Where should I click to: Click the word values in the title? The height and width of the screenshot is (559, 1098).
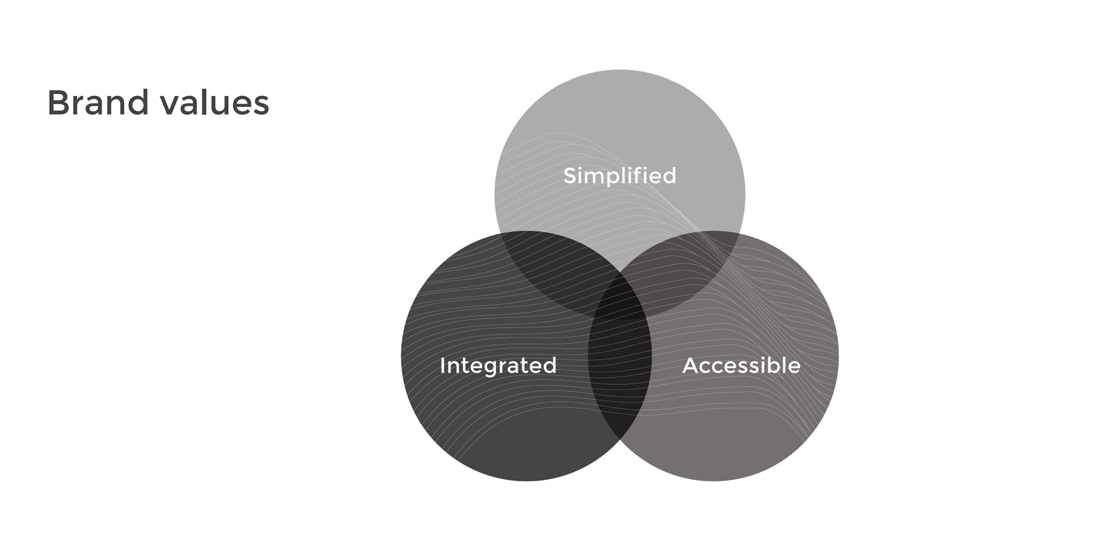215,103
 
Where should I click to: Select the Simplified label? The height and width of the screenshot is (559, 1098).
619,175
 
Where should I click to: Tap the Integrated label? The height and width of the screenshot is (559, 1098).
498,365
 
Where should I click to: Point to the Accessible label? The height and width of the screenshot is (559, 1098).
741,365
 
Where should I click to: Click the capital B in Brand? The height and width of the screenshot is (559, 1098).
58,103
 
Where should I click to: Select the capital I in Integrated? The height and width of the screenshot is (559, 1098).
443,365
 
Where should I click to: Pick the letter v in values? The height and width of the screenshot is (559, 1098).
169,105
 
